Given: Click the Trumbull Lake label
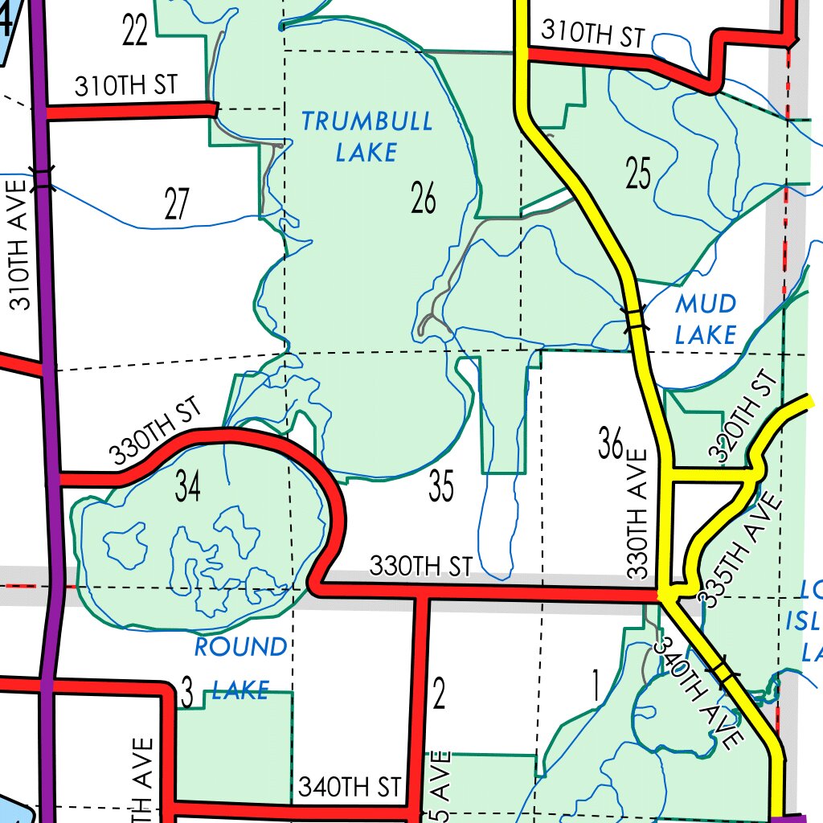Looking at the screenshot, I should click(366, 136).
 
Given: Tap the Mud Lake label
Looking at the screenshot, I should click(706, 318).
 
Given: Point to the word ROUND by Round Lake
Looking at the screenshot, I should click(240, 647).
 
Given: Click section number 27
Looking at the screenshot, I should click(177, 203).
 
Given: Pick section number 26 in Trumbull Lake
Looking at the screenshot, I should click(424, 198).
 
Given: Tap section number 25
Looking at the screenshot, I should click(637, 174).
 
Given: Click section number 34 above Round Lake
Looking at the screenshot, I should click(188, 487).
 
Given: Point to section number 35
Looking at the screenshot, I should click(441, 487).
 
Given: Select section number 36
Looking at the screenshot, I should click(611, 444).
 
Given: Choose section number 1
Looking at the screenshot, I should click(596, 687).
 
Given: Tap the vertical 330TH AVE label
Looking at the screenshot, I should click(637, 514).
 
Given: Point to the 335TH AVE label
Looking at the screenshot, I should click(739, 551).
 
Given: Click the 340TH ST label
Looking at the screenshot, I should click(349, 787).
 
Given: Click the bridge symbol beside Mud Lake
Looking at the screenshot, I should click(635, 319).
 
